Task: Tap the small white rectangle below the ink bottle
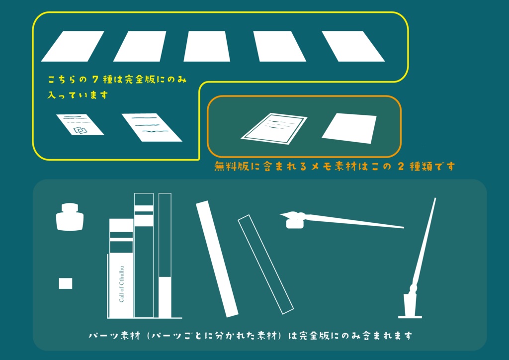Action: pyautogui.click(x=66, y=283)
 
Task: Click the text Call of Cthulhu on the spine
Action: pyautogui.click(x=121, y=284)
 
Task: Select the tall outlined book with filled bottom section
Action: pyautogui.click(x=165, y=255)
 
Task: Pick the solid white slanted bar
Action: pyautogui.click(x=218, y=259)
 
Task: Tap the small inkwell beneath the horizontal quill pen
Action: pyautogui.click(x=294, y=223)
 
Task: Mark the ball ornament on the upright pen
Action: pyautogui.click(x=413, y=288)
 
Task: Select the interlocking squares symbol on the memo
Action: pyautogui.click(x=80, y=130)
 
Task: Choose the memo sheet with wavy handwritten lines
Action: pyautogui.click(x=152, y=127)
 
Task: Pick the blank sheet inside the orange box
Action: pyautogui.click(x=349, y=128)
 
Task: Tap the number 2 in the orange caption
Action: pyautogui.click(x=402, y=167)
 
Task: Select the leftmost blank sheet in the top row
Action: pyautogui.click(x=72, y=46)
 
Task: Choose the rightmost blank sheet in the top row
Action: pyautogui.click(x=353, y=46)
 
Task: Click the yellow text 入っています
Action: pyautogui.click(x=78, y=95)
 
